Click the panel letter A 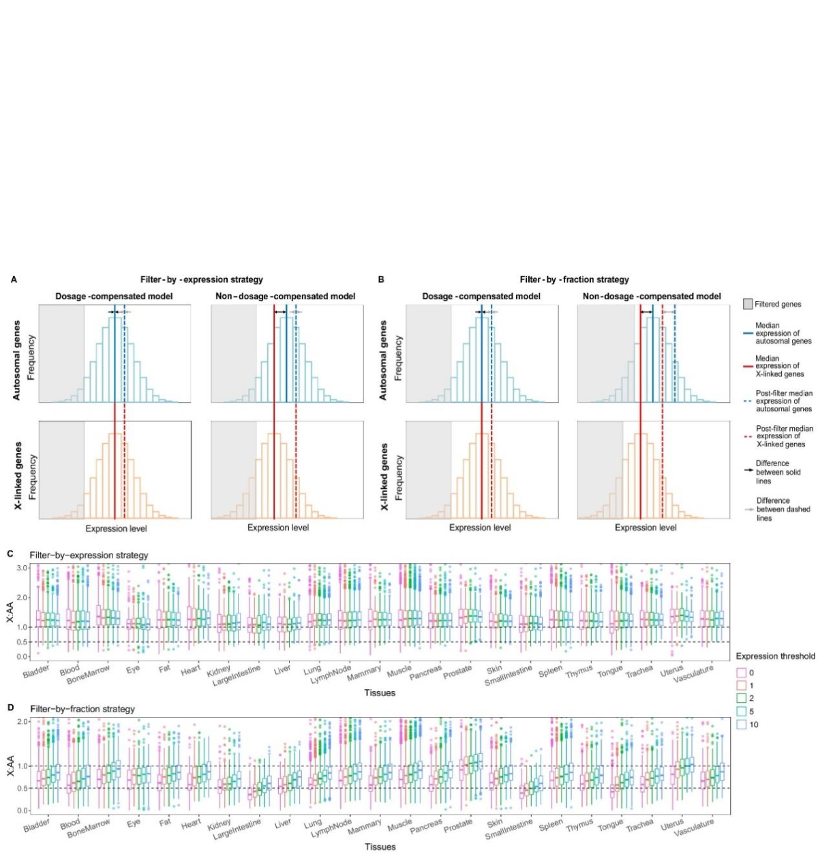pos(14,279)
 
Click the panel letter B pos(381,279)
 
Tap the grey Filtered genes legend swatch pos(747,304)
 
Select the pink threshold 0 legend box pos(741,672)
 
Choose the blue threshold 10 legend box pos(741,725)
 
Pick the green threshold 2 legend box pos(741,698)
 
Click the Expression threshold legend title pos(775,656)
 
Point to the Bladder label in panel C pos(36,672)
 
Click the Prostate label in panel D pos(457,825)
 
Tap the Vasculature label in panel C pos(693,674)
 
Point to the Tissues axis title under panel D pos(380,847)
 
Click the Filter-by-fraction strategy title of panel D pos(82,709)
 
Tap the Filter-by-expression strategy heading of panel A pos(201,279)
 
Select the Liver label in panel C pos(282,670)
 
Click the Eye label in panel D pos(134,823)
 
